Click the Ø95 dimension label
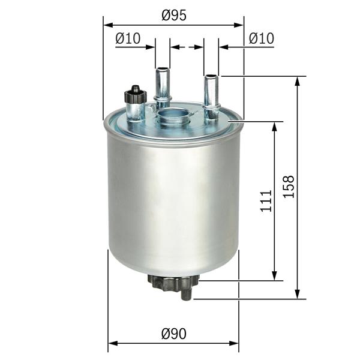click(173, 17)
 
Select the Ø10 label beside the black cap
click(127, 38)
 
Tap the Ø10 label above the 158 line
click(261, 38)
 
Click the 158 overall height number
click(289, 187)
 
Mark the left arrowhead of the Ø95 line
click(107, 25)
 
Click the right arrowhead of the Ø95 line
click(240, 25)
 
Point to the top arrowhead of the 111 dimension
click(275, 126)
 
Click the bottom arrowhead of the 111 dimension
click(275, 275)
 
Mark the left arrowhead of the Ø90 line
click(112, 344)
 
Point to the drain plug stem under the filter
click(187, 293)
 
